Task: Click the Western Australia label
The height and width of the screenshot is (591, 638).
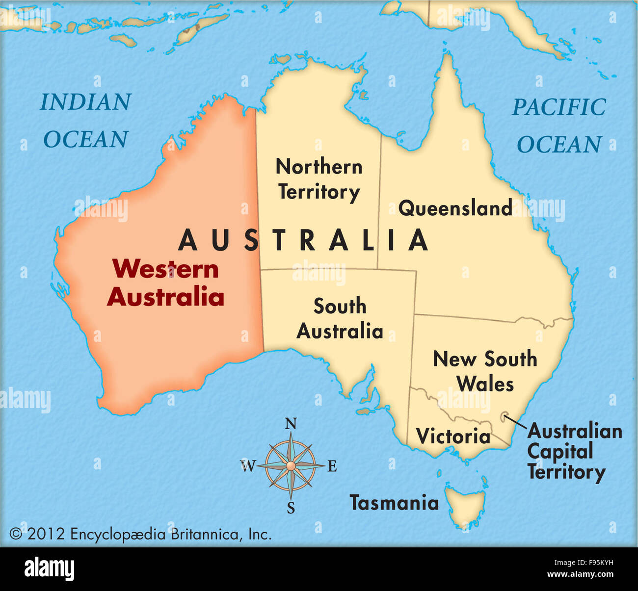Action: [165, 283]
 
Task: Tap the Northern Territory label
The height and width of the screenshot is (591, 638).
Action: [319, 180]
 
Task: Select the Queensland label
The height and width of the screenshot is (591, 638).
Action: [455, 208]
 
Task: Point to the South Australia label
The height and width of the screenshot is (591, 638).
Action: [340, 319]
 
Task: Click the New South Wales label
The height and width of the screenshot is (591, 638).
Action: [485, 371]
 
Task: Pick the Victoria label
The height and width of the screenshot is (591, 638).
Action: [453, 436]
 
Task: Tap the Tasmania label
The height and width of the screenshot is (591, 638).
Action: [394, 503]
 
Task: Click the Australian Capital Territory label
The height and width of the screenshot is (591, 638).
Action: [574, 452]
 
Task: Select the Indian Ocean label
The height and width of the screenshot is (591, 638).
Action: [86, 121]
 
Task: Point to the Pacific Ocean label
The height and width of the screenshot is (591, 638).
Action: [559, 126]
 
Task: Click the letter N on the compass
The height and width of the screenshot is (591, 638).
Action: [291, 424]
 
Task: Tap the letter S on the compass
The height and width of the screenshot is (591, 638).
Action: [291, 508]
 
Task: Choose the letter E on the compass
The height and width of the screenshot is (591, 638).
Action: [332, 466]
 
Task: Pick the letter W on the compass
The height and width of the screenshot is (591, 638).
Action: [248, 465]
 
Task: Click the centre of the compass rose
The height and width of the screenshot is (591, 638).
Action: [291, 465]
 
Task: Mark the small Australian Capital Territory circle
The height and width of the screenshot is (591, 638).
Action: [504, 418]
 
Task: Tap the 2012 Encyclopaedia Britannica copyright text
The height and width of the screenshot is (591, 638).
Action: [140, 534]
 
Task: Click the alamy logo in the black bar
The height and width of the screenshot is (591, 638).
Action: [49, 569]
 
